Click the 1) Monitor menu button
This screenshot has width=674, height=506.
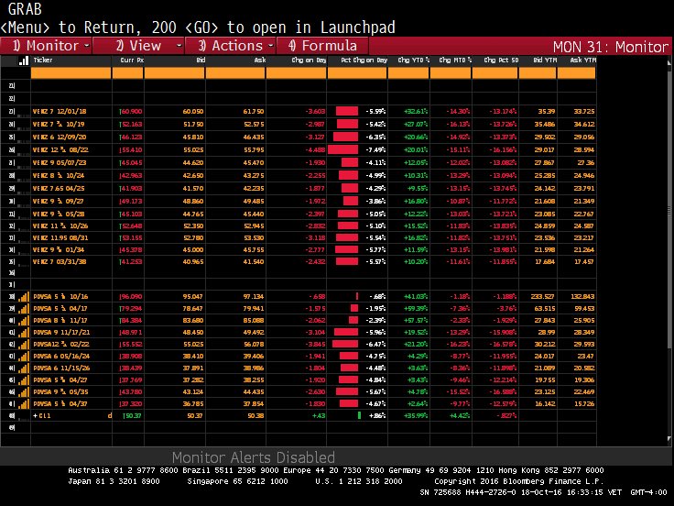pos(46,45)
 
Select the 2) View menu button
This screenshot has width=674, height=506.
pos(139,45)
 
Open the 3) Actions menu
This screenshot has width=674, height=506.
pos(231,45)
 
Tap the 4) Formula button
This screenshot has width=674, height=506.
pos(323,45)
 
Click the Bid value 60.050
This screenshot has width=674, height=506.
pos(192,111)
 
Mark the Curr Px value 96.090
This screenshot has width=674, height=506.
pos(131,296)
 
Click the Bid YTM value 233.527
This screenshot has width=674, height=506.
pos(544,296)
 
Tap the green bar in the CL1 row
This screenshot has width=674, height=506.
pos(359,417)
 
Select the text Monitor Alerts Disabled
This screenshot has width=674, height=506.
pos(253,457)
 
